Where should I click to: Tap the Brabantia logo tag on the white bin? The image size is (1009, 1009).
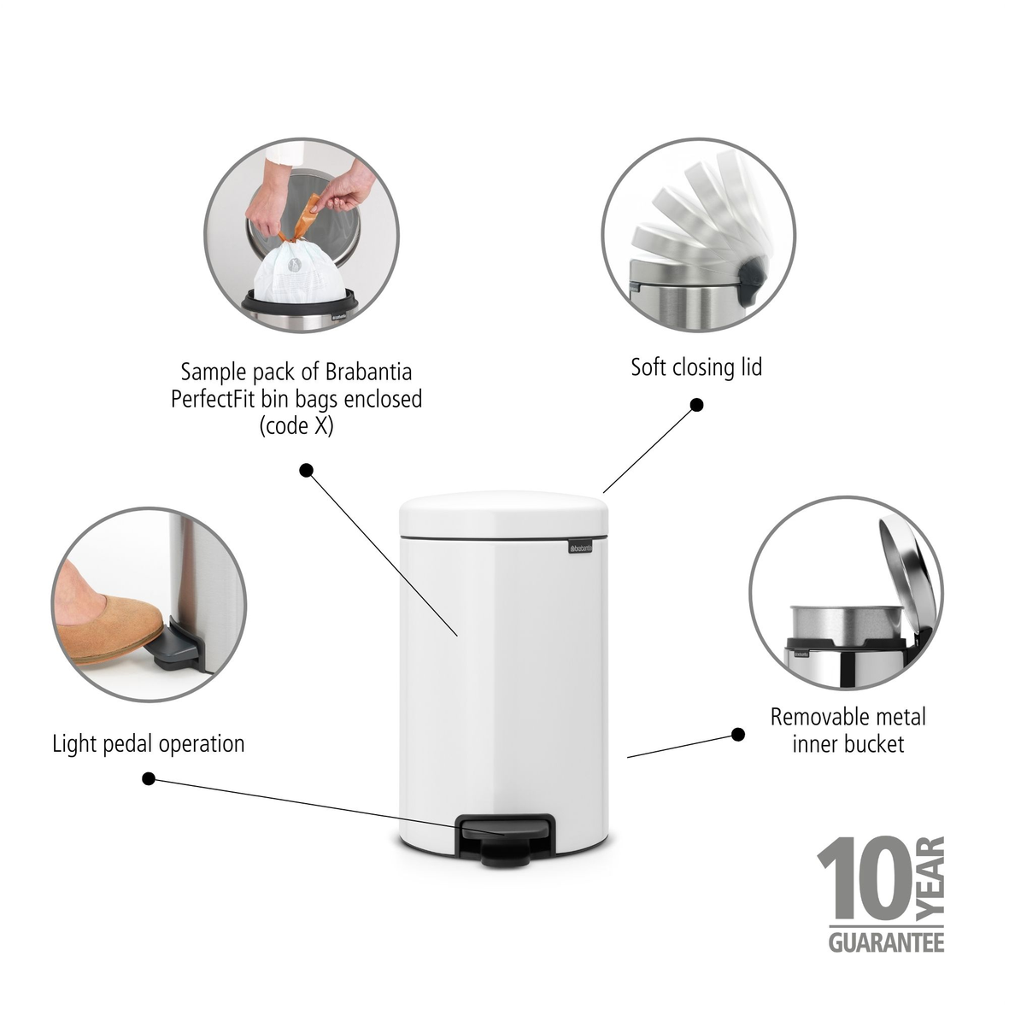point(580,548)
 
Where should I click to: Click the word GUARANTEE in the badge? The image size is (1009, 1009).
point(886,942)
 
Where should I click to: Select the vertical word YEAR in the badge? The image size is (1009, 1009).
point(930,877)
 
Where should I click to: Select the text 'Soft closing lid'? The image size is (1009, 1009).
point(696,367)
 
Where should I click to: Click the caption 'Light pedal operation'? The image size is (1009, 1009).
point(148,744)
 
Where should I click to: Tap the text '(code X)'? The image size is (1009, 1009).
point(296,426)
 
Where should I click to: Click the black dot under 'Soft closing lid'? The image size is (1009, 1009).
point(696,405)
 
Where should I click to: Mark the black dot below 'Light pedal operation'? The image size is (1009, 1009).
point(149,778)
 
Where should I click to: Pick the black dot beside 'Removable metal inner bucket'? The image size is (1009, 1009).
point(738,734)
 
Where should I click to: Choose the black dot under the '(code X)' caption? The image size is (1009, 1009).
point(307,471)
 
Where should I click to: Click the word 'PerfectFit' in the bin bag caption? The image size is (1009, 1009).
point(213,399)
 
